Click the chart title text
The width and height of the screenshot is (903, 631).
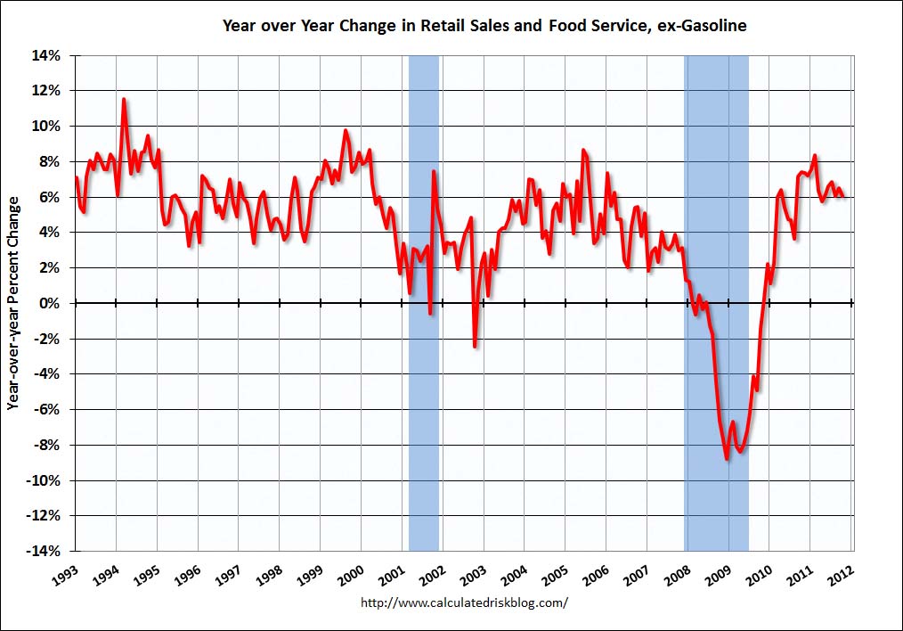[484, 27]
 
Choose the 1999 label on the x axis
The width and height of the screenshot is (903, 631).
[311, 574]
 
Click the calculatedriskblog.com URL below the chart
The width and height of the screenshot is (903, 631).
[464, 602]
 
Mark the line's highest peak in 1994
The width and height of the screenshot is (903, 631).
[124, 99]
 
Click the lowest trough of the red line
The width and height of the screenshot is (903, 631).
[727, 458]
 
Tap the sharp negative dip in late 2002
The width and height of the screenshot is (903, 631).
[475, 346]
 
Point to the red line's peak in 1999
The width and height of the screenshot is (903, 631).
[346, 131]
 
